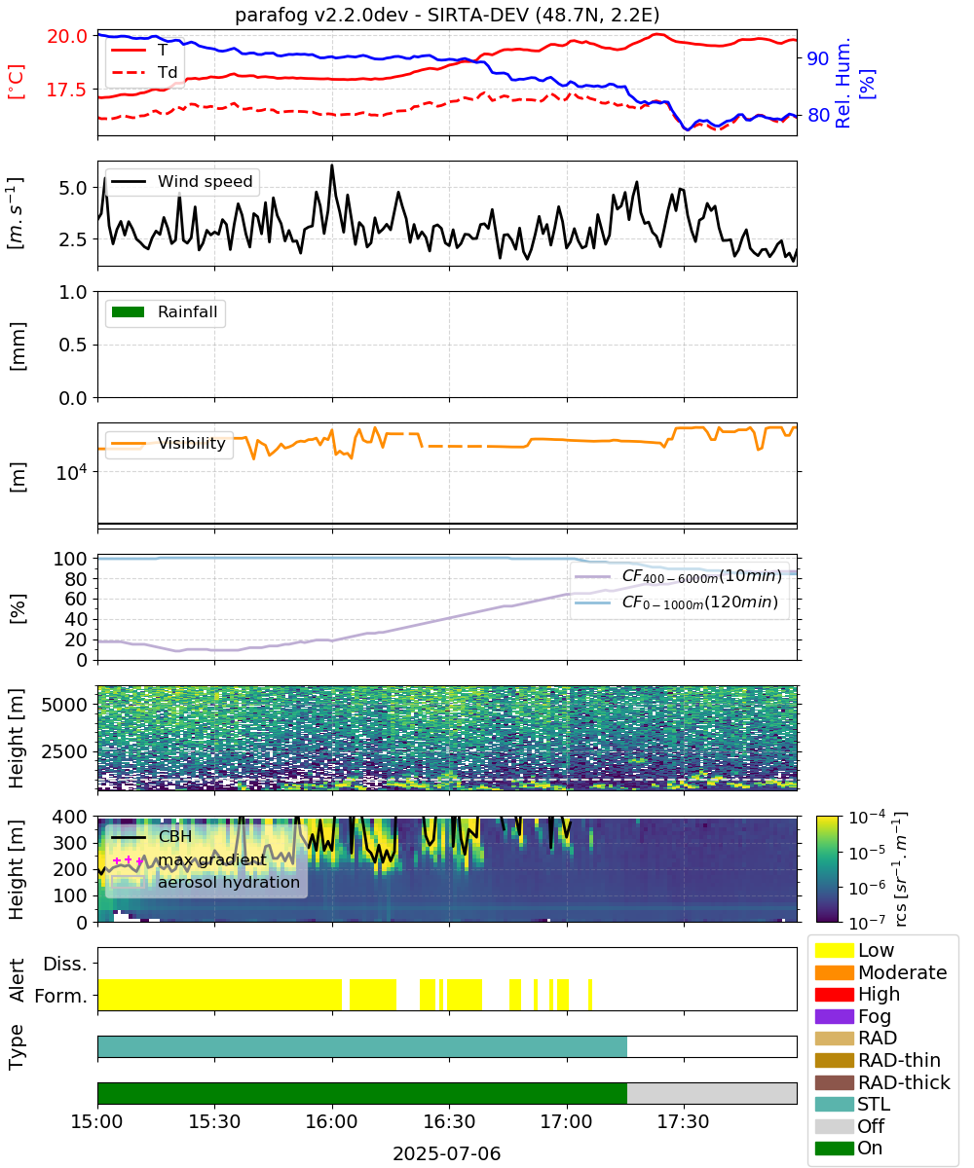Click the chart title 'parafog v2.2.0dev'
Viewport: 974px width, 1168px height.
coord(320,16)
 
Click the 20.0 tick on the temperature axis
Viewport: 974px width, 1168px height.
coord(67,36)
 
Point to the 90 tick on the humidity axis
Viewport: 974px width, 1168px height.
coord(818,58)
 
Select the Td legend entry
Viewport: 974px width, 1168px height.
coord(144,73)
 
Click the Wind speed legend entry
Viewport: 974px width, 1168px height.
coord(182,181)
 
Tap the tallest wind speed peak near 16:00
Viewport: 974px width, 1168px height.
coord(332,165)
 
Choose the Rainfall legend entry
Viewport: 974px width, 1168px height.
coord(165,311)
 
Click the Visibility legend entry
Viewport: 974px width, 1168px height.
coord(168,443)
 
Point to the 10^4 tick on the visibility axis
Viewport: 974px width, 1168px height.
coord(73,473)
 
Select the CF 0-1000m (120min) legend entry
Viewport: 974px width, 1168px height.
coord(676,602)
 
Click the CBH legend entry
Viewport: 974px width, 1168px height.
coord(151,836)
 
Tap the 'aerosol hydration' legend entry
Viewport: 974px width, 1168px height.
coord(206,882)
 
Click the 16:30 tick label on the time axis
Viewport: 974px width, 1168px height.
coord(449,1121)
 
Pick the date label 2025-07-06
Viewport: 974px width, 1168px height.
coord(447,1153)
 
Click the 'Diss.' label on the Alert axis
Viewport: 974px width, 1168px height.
coord(65,964)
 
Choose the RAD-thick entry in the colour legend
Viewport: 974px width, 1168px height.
coord(882,1082)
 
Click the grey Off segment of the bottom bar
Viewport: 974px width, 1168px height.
coord(711,1093)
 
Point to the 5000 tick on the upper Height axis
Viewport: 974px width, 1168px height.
coord(65,705)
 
